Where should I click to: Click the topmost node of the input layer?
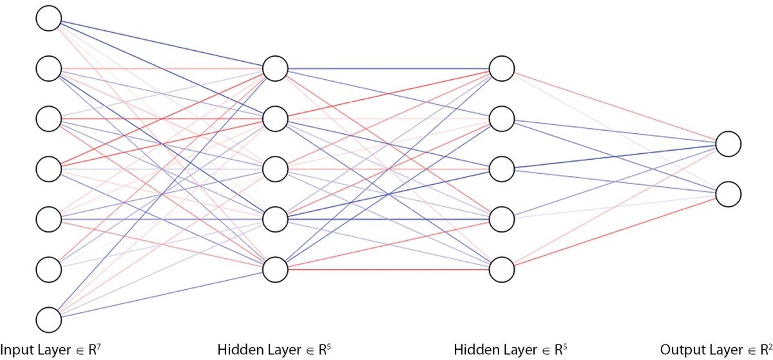(49, 18)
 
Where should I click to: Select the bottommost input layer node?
(49, 320)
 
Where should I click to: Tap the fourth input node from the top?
(49, 169)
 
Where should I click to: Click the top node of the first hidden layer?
(275, 69)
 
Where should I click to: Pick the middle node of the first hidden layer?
(275, 169)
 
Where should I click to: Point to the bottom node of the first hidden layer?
(275, 270)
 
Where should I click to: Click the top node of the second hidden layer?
(502, 69)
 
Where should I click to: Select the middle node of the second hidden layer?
(502, 169)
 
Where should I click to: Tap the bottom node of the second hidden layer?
(502, 270)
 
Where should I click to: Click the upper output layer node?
(728, 144)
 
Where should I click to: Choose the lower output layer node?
(728, 194)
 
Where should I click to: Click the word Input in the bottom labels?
(16, 350)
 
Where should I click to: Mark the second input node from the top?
(49, 69)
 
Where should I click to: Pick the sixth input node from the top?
(49, 270)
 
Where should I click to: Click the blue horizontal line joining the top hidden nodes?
(388, 69)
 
